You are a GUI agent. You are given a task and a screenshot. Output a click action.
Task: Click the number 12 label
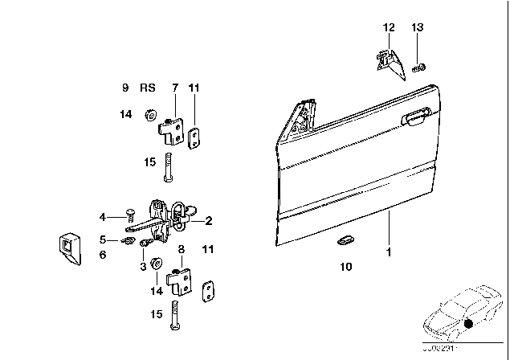coord(389,28)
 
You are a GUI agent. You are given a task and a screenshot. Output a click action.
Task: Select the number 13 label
coord(416,28)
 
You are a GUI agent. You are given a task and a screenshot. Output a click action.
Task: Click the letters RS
coord(148,87)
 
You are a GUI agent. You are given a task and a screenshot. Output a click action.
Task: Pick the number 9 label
coord(125,87)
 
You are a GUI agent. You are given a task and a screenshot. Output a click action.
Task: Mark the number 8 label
coord(182,250)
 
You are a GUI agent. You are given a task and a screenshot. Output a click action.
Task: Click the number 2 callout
coord(209,219)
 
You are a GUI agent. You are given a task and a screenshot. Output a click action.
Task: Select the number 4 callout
coord(103,216)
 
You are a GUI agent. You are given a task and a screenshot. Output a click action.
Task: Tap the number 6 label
coord(103,254)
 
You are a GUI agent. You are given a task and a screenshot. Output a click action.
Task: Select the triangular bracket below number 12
coord(387,63)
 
